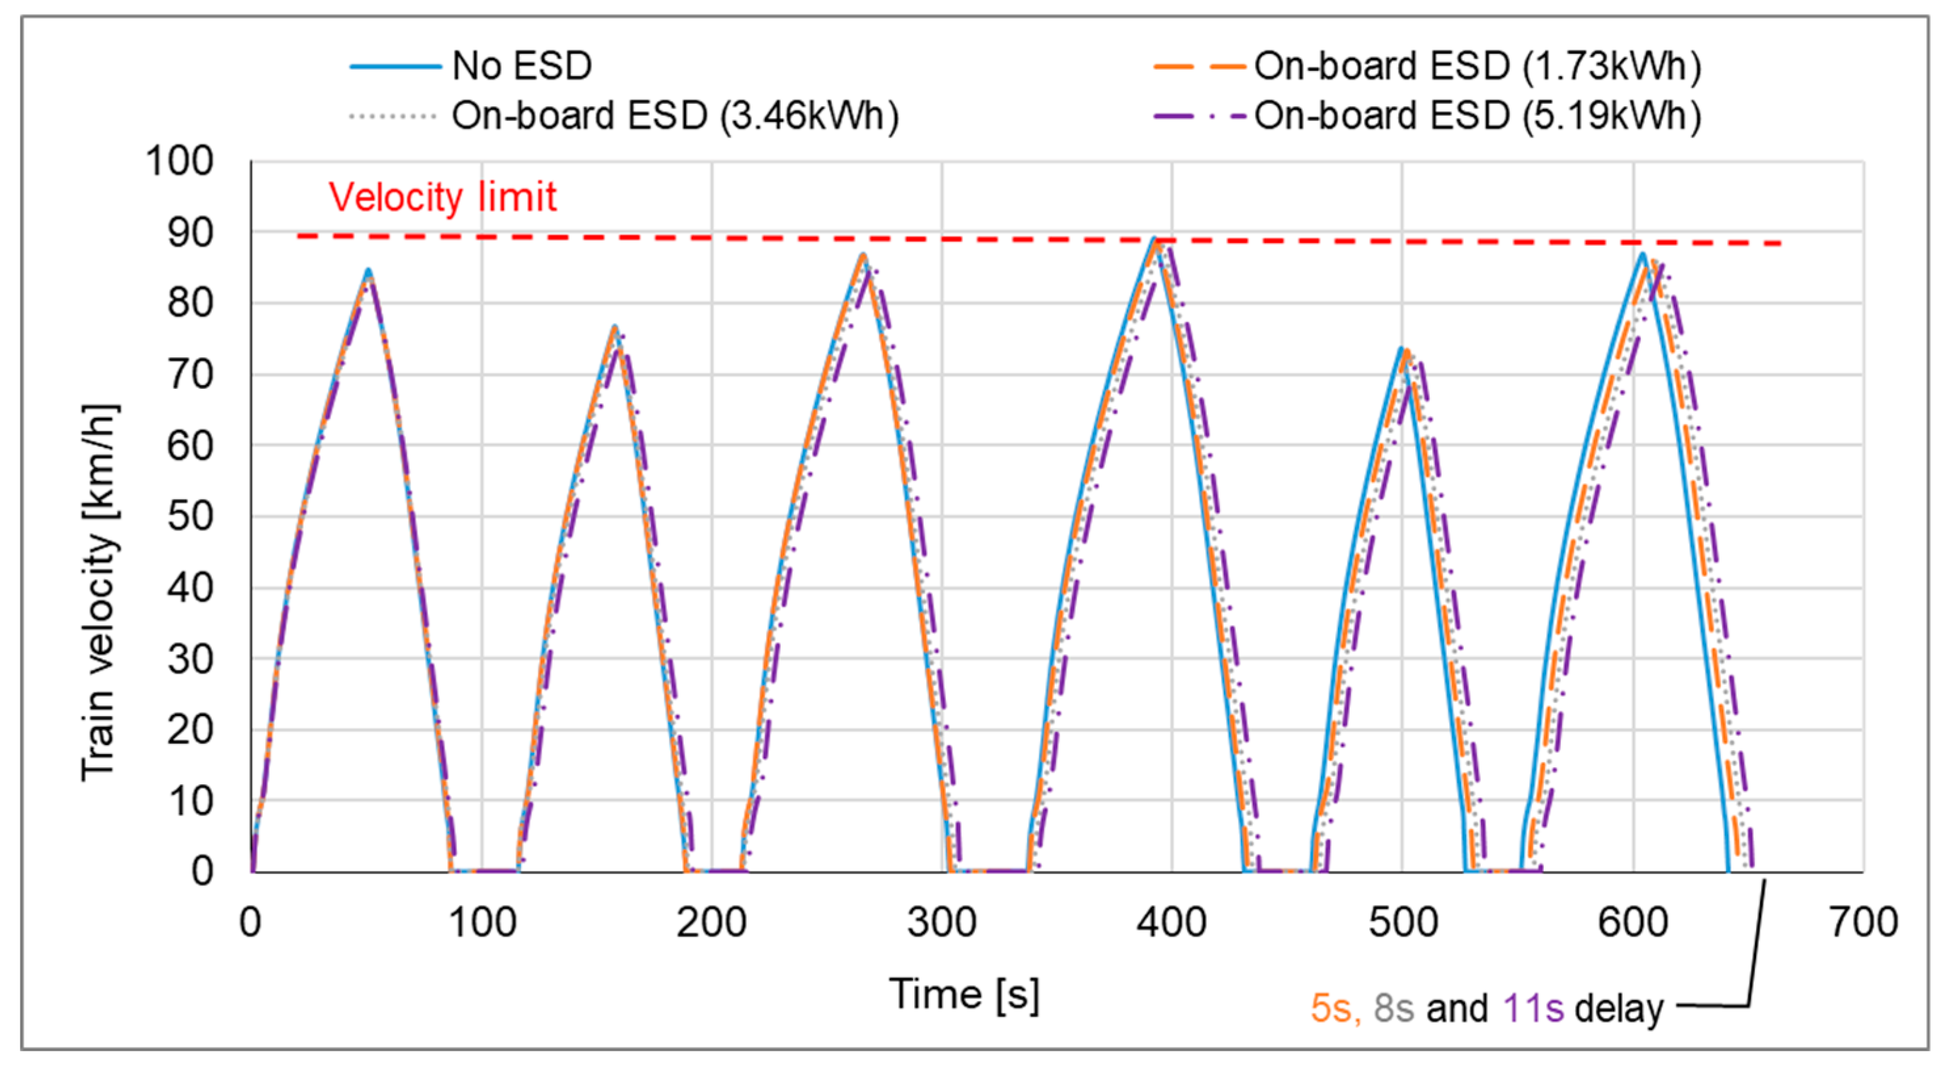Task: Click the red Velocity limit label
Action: coord(442,197)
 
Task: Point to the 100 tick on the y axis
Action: coord(180,161)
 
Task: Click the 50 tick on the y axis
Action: coord(190,517)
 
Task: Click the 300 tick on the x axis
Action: coord(941,922)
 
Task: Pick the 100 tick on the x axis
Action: coord(482,922)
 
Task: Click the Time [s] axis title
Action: coord(964,995)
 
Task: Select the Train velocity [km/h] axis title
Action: coord(100,592)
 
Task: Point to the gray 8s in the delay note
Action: coord(1393,1009)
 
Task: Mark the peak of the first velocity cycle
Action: coord(368,270)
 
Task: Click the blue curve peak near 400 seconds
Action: coord(1154,239)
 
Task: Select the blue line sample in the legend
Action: coord(395,66)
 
